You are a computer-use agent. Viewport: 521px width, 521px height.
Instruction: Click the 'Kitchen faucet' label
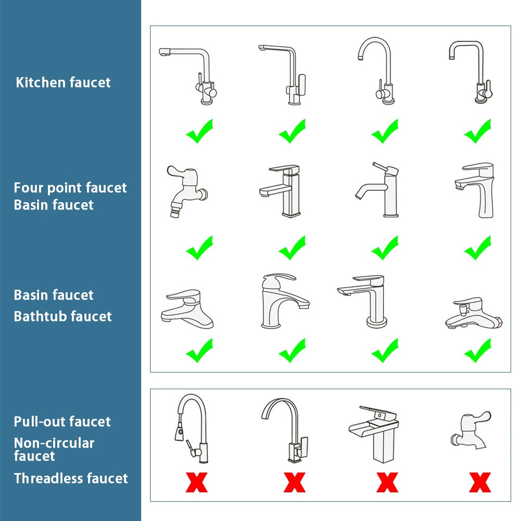pyautogui.click(x=63, y=82)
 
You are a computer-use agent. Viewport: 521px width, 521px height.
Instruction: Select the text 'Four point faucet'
pyautogui.click(x=70, y=188)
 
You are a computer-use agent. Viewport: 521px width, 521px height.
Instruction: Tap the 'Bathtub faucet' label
pyautogui.click(x=63, y=316)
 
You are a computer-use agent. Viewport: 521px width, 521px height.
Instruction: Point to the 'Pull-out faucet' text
pyautogui.click(x=62, y=421)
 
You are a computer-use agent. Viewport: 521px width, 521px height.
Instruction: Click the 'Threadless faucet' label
pyautogui.click(x=71, y=478)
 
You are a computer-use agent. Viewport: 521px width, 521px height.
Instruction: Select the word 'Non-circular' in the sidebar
pyautogui.click(x=54, y=443)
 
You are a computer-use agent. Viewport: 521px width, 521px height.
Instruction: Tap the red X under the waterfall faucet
pyautogui.click(x=387, y=482)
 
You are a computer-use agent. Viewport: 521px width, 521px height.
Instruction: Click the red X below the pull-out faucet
pyautogui.click(x=196, y=482)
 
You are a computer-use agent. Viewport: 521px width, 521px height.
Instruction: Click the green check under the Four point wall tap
pyautogui.click(x=200, y=248)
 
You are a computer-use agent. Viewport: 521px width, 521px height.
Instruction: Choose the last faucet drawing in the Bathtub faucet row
pyautogui.click(x=473, y=314)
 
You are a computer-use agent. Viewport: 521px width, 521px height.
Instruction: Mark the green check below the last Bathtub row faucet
pyautogui.click(x=478, y=351)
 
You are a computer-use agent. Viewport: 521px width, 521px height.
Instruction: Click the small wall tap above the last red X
pyautogui.click(x=470, y=430)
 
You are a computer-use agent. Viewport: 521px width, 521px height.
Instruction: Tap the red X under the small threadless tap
pyautogui.click(x=480, y=482)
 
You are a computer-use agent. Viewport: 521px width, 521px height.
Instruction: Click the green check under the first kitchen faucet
pyautogui.click(x=200, y=131)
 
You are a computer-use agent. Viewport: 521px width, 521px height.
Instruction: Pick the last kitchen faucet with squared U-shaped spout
pyautogui.click(x=472, y=71)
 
